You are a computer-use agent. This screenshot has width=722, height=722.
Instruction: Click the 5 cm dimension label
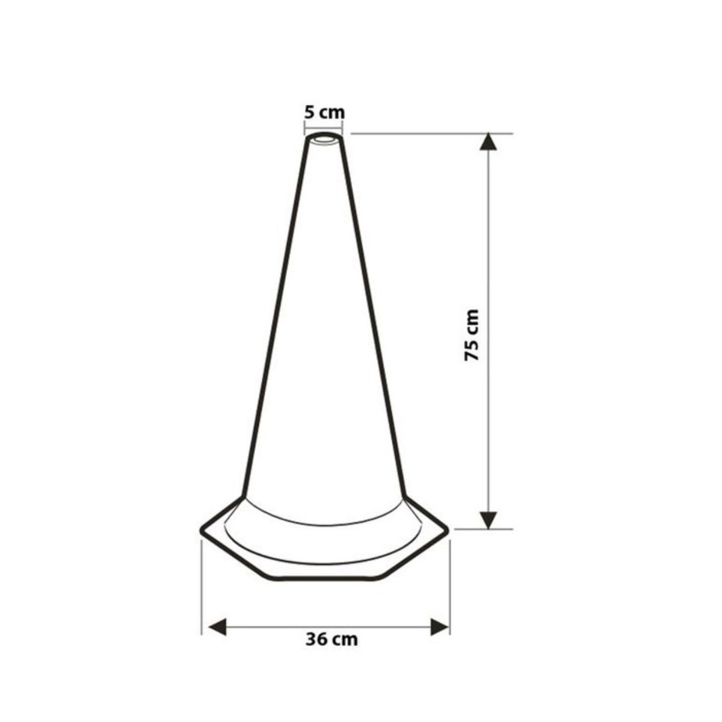[x=324, y=113]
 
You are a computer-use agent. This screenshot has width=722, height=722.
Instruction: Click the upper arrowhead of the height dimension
[x=488, y=142]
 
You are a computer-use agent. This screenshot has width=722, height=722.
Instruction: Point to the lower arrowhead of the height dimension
[x=488, y=520]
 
